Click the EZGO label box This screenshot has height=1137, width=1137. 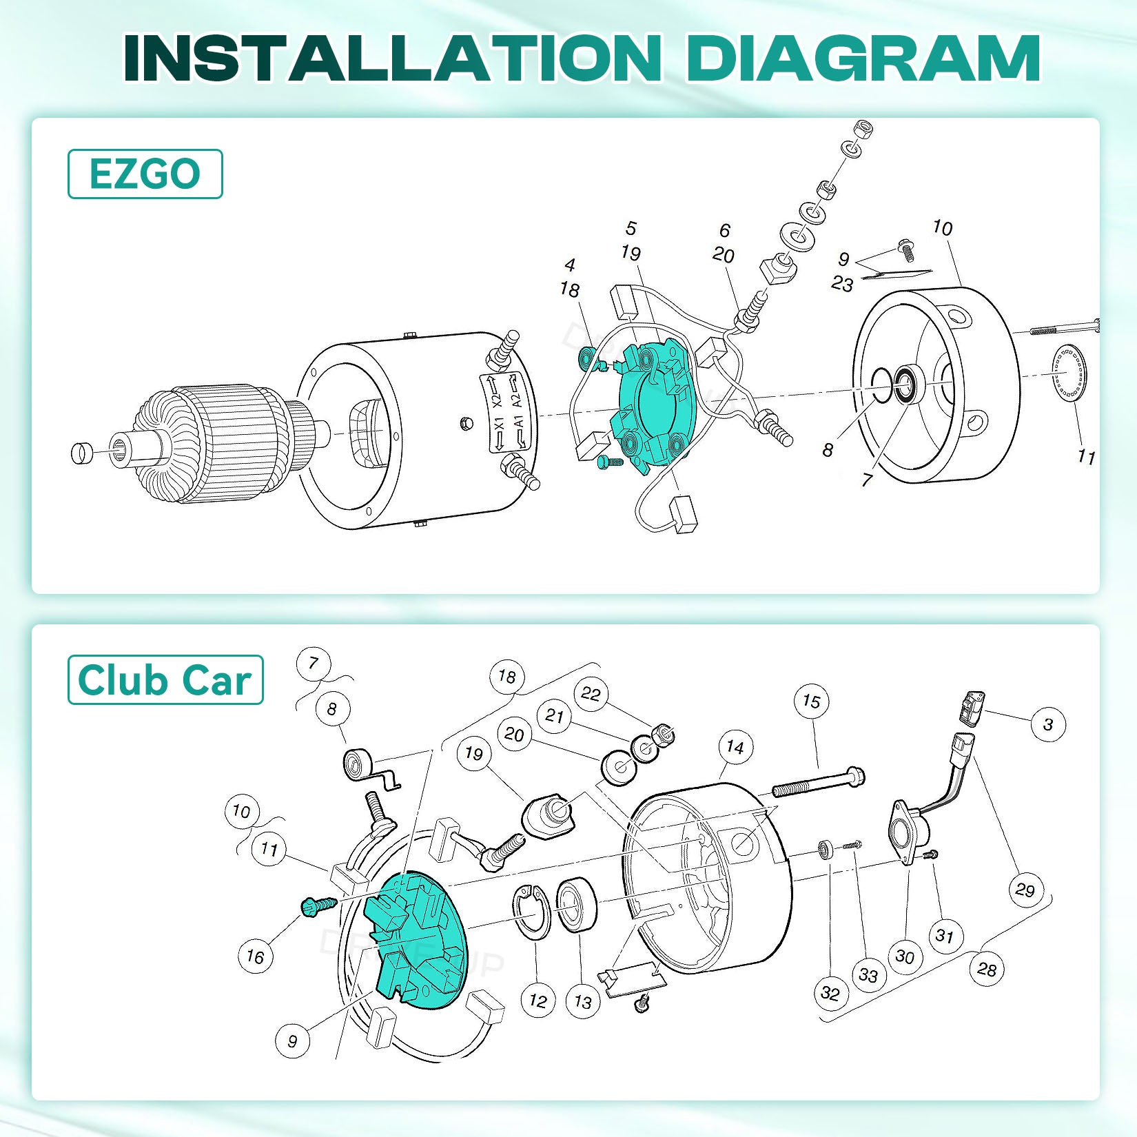tap(145, 174)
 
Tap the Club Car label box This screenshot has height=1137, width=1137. tap(165, 679)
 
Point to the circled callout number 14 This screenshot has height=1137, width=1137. tap(735, 748)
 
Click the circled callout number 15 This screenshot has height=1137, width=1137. tap(811, 701)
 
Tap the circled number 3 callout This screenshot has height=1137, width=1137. tap(1048, 724)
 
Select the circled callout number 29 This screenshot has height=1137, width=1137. tap(1025, 890)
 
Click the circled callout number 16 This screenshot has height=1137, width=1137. tap(255, 956)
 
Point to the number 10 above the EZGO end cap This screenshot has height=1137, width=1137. tap(942, 227)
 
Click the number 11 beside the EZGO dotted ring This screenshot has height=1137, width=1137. tap(1086, 456)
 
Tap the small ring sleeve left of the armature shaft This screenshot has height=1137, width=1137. tap(81, 452)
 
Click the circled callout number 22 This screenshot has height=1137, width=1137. tap(591, 694)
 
